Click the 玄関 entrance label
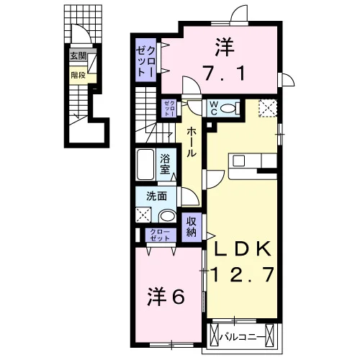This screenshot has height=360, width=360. (x=78, y=56)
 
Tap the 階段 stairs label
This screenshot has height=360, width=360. (x=78, y=75)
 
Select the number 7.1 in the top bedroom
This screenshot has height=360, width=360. (x=224, y=73)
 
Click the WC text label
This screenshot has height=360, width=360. (x=214, y=108)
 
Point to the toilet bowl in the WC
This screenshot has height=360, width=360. (x=228, y=109)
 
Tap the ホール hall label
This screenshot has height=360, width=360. (x=192, y=142)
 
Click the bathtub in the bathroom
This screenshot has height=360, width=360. (x=145, y=164)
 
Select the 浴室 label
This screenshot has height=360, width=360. (x=165, y=164)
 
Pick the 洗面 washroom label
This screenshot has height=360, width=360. (x=157, y=197)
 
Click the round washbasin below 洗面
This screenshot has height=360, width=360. (x=168, y=216)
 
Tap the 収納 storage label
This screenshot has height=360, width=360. (x=192, y=227)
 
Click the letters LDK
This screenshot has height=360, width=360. (x=243, y=249)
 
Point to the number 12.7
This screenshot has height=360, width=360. (x=243, y=274)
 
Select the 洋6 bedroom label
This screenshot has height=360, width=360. (x=166, y=296)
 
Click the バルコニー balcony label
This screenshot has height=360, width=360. (x=243, y=337)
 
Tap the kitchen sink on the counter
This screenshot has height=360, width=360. (x=238, y=161)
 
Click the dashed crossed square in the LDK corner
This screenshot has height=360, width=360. (x=268, y=108)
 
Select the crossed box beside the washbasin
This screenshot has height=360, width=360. (x=143, y=215)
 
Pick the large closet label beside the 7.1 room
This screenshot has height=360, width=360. (x=145, y=60)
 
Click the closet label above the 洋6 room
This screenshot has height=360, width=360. (x=160, y=235)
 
